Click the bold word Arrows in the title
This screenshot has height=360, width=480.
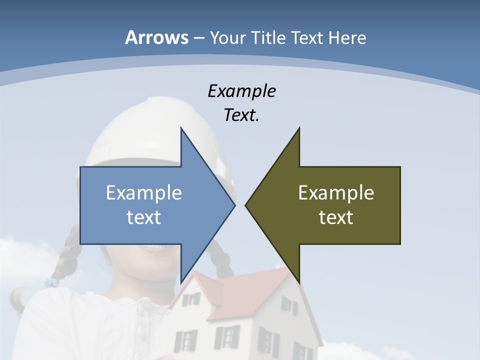pos(156,37)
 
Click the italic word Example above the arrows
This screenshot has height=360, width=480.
pos(241,91)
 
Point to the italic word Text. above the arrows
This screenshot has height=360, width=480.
pos(241,115)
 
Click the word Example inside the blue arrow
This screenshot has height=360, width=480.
pos(144,192)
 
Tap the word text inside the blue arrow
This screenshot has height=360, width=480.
pos(144,217)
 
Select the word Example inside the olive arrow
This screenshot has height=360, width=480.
pos(336,192)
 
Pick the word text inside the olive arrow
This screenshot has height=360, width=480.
pos(336,217)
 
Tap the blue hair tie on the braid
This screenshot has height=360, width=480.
pos(51,282)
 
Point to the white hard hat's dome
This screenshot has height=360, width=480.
pos(135,130)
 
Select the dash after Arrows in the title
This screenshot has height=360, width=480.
pos(198,38)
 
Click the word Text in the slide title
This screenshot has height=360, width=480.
pos(307,37)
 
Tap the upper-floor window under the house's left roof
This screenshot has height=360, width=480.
pos(190,300)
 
